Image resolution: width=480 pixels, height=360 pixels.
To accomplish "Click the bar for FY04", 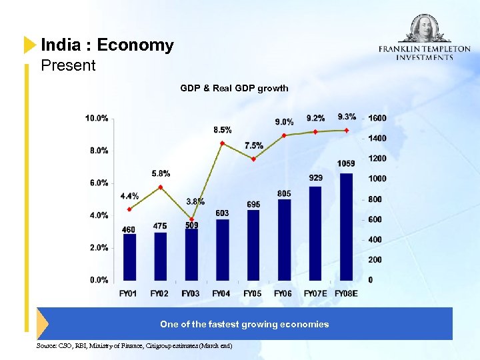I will point(223,249).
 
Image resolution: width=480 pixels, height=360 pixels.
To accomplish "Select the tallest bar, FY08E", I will point(347,227).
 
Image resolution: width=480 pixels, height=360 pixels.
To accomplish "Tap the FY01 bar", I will point(129,257).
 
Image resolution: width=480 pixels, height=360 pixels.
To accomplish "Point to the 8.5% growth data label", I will point(223,129).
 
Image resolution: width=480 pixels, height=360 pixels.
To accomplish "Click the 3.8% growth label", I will point(195,201).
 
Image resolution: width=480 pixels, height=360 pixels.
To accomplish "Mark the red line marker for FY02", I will point(160,187).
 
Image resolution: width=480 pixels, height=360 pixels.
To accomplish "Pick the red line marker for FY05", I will point(253,159).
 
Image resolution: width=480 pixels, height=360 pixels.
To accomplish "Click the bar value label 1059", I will point(347,164).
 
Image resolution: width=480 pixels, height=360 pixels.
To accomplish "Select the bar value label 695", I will point(253,204).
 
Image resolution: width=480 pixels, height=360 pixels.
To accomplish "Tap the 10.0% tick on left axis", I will point(97,119).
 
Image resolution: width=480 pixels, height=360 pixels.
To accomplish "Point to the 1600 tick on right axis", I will point(377,118).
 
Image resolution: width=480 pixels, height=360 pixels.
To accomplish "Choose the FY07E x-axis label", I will point(315,293).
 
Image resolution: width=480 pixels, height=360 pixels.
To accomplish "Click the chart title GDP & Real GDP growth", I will point(234,88).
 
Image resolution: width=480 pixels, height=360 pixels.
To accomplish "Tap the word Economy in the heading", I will point(135,45).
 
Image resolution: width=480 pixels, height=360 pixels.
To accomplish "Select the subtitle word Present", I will point(68,65).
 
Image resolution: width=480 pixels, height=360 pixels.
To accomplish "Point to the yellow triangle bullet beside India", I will point(29,45).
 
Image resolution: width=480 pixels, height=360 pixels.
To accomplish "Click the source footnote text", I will point(135,345).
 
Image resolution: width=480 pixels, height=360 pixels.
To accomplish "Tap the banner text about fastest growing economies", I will point(244,324).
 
